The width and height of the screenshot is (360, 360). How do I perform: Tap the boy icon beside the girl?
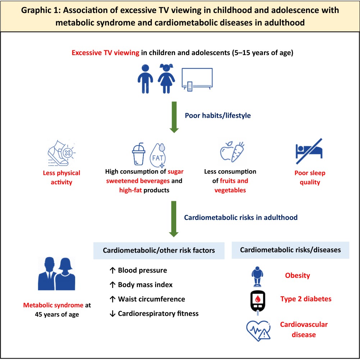pyautogui.click(x=145, y=78)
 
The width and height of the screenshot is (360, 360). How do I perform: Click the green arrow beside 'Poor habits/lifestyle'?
pyautogui.click(x=174, y=117)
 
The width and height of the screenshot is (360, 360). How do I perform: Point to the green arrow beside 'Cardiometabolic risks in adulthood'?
pyautogui.click(x=174, y=219)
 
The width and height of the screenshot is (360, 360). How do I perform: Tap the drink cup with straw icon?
pyautogui.click(x=138, y=154)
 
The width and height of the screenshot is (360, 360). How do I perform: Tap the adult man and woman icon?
pyautogui.click(x=56, y=274)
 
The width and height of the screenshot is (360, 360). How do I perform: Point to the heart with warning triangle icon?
pyautogui.click(x=258, y=330)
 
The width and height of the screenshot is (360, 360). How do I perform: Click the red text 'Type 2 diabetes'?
pyautogui.click(x=306, y=299)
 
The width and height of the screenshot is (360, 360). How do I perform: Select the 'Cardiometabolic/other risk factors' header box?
pyautogui.click(x=159, y=251)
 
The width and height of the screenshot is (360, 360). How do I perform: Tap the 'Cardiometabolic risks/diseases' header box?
pyautogui.click(x=290, y=250)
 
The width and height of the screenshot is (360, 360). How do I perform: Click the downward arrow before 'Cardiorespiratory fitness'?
pyautogui.click(x=112, y=314)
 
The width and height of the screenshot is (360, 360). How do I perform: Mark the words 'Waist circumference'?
pyautogui.click(x=151, y=299)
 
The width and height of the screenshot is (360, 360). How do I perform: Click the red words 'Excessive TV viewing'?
pyautogui.click(x=105, y=53)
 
